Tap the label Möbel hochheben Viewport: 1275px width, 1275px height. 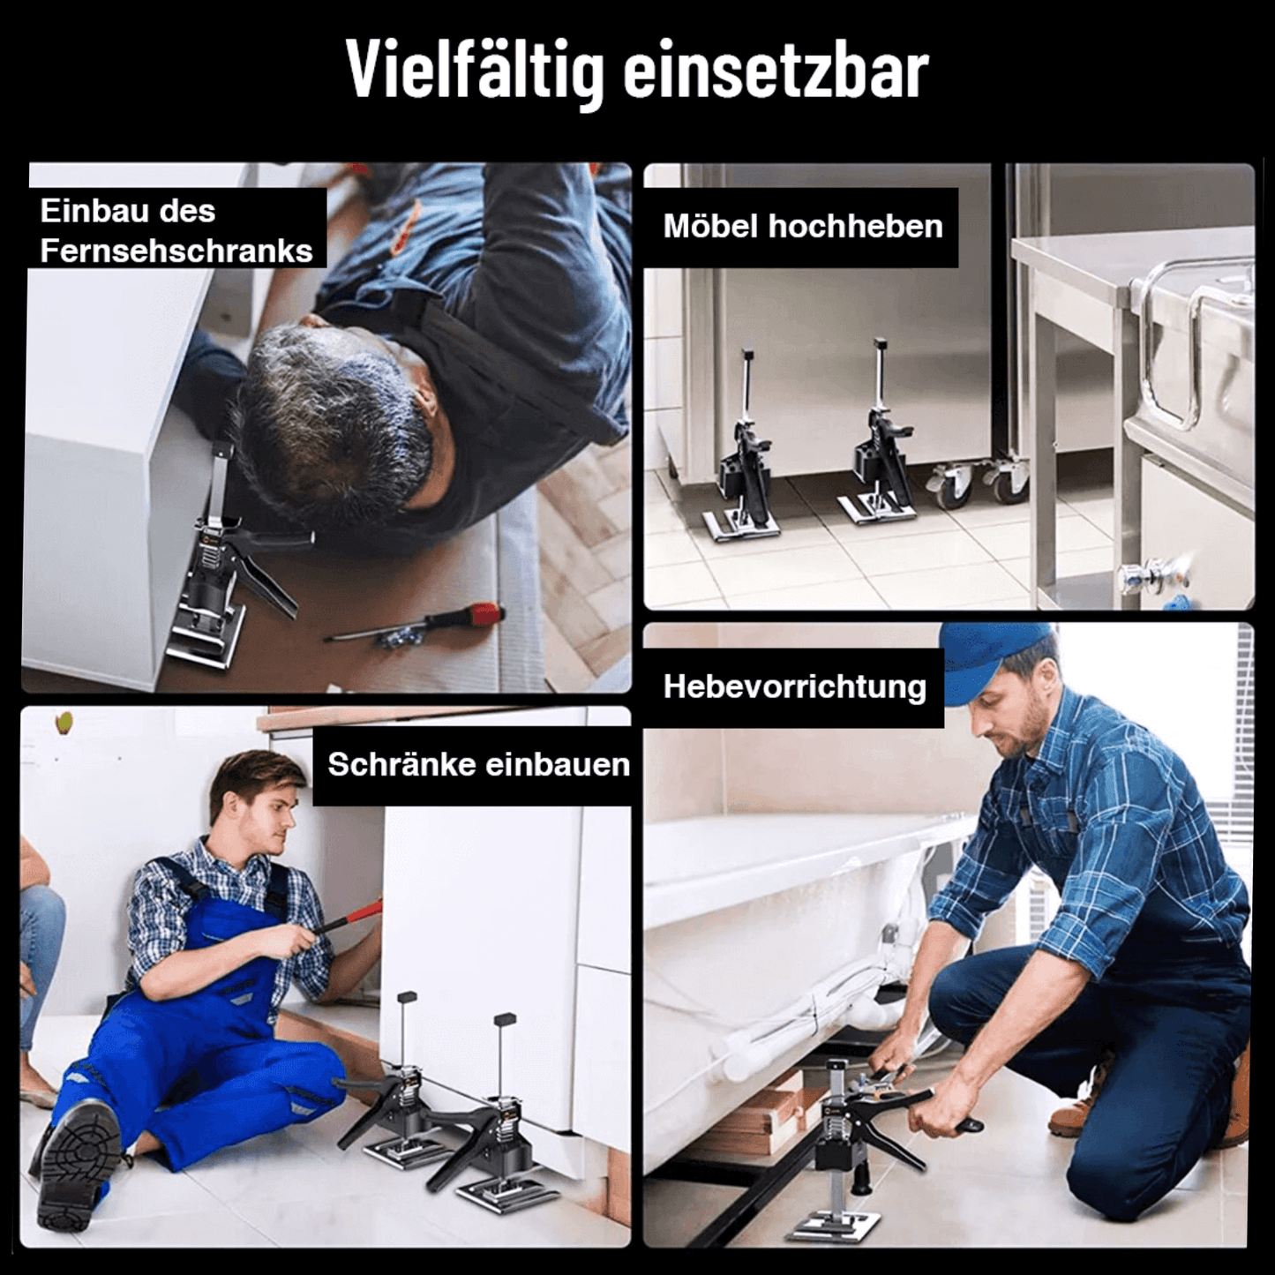(802, 227)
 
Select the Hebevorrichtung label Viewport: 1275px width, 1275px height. (794, 686)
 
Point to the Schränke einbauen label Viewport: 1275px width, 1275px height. (478, 764)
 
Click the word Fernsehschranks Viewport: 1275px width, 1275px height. (176, 251)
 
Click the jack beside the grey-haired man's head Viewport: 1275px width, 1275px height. (221, 565)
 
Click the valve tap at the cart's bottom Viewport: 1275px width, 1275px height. (1151, 578)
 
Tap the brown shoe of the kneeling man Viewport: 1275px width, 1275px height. (1076, 1112)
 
